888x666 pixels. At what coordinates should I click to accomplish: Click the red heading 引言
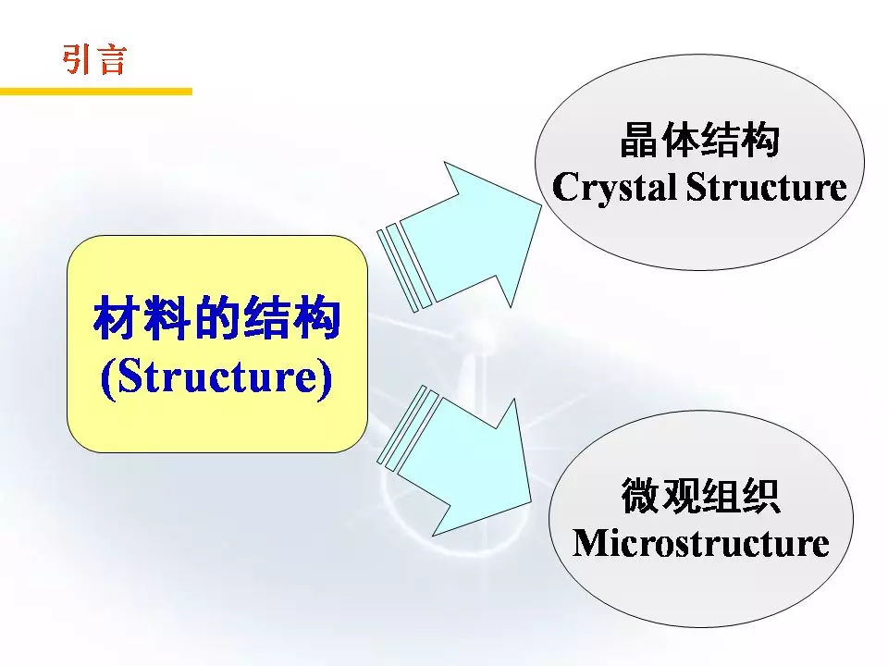94,59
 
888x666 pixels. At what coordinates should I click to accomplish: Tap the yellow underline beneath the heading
96,92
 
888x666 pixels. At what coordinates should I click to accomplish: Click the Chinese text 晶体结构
699,140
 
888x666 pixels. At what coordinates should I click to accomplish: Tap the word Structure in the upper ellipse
767,186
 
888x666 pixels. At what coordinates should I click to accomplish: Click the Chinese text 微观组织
700,496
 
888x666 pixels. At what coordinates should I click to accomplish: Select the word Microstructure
700,543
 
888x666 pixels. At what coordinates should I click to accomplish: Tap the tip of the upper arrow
542,205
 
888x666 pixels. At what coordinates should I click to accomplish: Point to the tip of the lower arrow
531,501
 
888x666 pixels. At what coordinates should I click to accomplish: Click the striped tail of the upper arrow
405,267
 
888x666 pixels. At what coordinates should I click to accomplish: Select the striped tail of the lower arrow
408,428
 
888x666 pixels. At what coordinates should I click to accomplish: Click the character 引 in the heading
78,59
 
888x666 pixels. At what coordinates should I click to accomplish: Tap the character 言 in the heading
112,59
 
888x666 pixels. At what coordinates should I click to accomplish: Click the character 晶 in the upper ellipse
639,140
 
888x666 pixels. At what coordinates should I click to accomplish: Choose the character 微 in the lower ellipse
640,496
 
